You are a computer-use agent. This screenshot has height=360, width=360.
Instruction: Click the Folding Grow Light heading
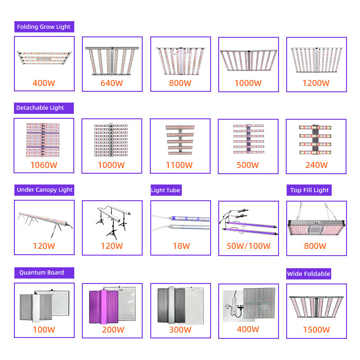(x=44, y=27)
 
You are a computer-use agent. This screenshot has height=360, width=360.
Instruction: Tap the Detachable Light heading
(x=40, y=108)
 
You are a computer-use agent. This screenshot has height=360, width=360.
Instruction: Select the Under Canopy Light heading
(x=45, y=190)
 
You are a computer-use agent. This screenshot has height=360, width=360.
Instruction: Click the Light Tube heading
(x=166, y=190)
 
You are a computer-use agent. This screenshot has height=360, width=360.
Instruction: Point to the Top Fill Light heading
(x=309, y=190)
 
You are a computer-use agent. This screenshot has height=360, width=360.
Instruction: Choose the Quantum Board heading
(x=41, y=273)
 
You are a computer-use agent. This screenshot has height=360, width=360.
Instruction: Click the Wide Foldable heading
(x=309, y=274)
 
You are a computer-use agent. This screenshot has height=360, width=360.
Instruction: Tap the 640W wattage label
(x=112, y=83)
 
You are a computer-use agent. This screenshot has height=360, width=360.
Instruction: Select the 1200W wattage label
(x=316, y=83)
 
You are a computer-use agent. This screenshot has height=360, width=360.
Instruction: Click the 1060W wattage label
(x=44, y=165)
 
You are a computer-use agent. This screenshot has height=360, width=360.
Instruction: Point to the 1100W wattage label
(x=180, y=165)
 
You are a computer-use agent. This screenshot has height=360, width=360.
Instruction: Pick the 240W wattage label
(x=316, y=165)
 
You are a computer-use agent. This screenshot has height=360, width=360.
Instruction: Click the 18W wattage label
(x=180, y=246)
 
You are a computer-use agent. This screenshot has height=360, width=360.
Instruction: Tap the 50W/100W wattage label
(x=248, y=246)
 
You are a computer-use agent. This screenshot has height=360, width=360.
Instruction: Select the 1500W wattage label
(x=316, y=330)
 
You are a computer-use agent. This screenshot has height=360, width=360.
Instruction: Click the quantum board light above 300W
(x=180, y=305)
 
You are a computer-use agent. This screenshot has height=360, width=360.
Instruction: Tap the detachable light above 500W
(x=248, y=140)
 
